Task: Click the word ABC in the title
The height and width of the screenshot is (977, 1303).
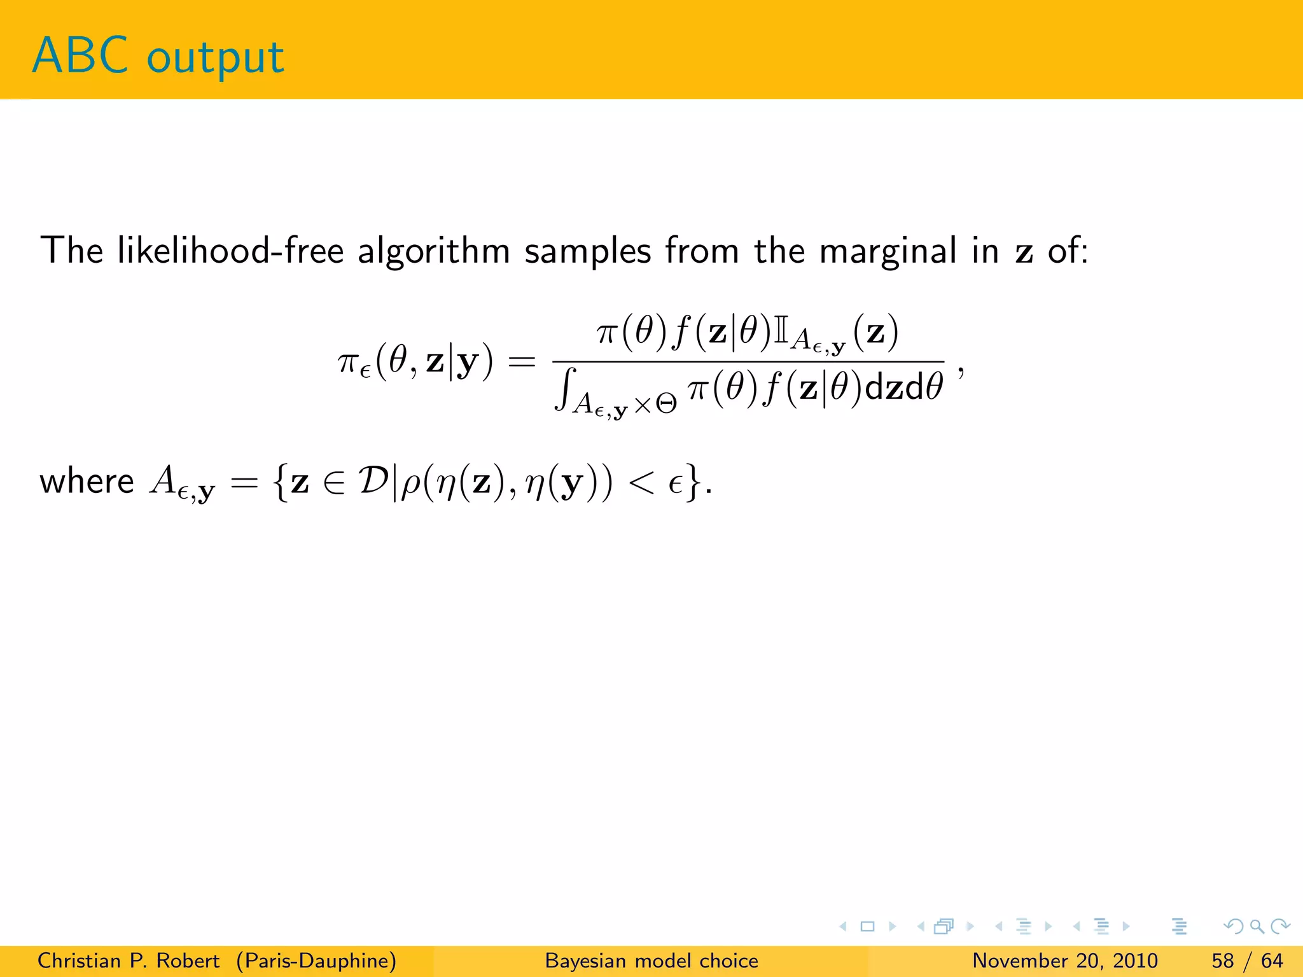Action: click(x=80, y=56)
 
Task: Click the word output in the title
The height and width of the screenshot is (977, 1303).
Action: click(x=215, y=59)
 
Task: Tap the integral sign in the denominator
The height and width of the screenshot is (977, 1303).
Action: click(x=565, y=389)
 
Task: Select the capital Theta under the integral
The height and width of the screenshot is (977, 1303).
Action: click(x=665, y=405)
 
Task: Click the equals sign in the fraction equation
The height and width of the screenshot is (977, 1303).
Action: click(x=522, y=363)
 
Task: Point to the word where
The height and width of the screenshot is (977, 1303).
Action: click(x=87, y=482)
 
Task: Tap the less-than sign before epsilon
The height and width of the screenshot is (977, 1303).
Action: click(x=641, y=483)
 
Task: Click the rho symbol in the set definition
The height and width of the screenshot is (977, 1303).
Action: click(x=412, y=485)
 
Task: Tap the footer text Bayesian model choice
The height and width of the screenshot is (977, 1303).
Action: click(x=651, y=960)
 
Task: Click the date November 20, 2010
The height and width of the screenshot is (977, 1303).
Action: click(x=1065, y=960)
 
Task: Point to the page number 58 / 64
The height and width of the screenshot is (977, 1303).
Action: click(x=1247, y=960)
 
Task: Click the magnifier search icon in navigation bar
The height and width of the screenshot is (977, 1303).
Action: click(x=1257, y=927)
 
